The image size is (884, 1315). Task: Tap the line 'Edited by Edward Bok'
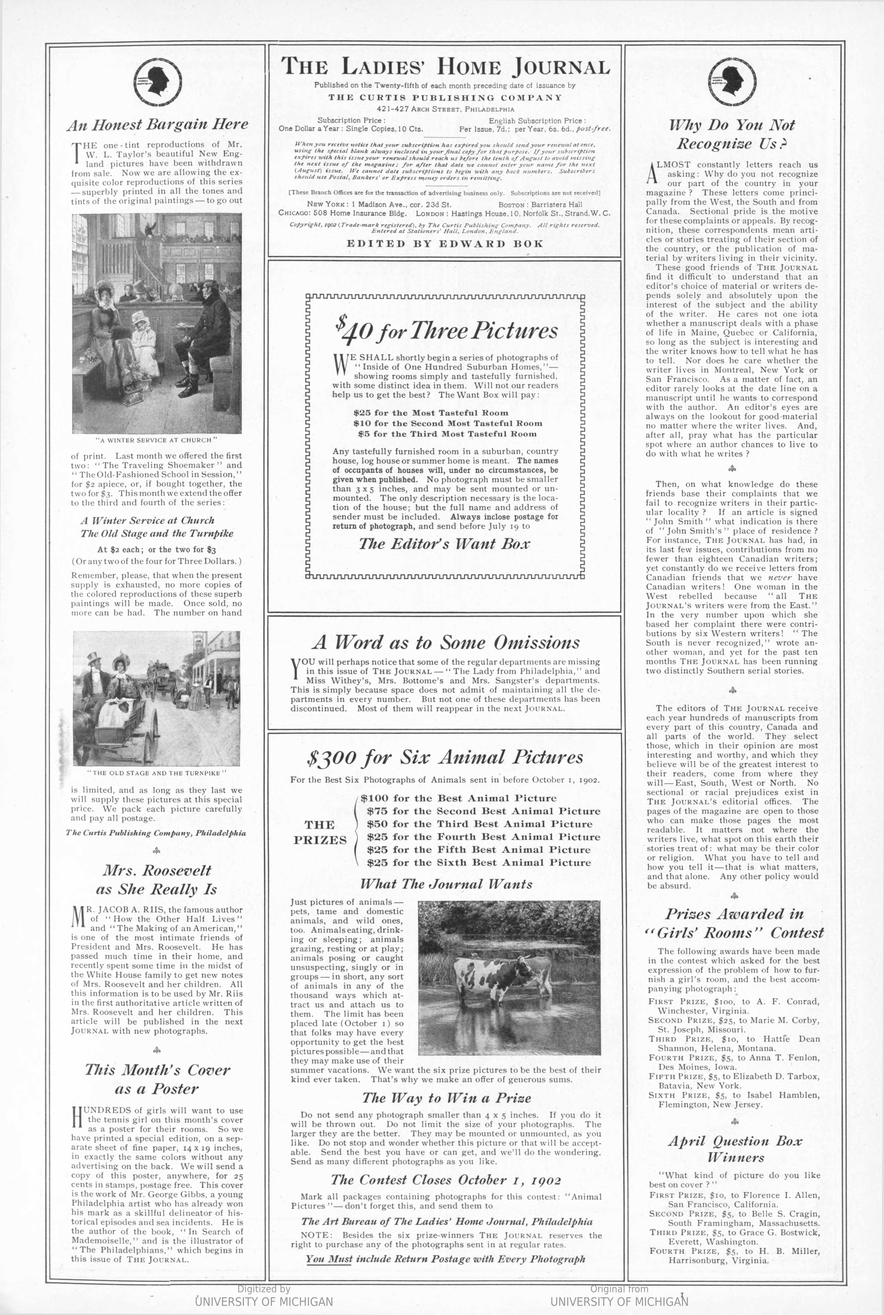click(445, 244)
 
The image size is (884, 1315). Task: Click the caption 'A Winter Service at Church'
click(156, 440)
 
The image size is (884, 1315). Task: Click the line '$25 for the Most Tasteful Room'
click(431, 413)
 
